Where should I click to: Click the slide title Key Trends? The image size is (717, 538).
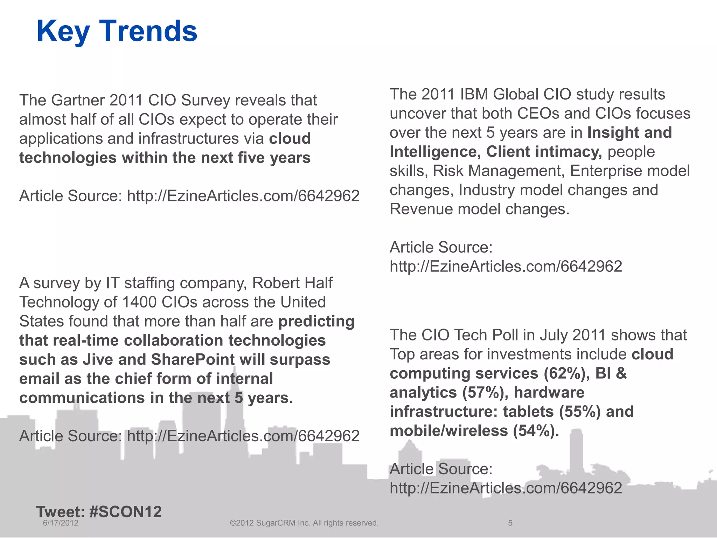click(x=117, y=31)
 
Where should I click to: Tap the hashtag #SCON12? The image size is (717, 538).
click(x=125, y=512)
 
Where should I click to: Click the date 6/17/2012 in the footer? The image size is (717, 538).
click(x=61, y=523)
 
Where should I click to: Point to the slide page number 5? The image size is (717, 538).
click(x=510, y=523)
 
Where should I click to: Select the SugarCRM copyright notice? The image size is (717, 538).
click(x=304, y=523)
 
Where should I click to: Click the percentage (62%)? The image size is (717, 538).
click(x=564, y=373)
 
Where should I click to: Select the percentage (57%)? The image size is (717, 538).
click(x=484, y=393)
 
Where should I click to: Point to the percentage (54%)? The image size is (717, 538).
click(x=536, y=431)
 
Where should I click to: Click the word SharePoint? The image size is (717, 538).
click(x=193, y=360)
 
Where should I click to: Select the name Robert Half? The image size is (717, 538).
click(x=292, y=283)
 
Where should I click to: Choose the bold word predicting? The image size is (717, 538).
click(x=316, y=321)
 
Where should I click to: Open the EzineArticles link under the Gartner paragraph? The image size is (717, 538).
click(x=243, y=196)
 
